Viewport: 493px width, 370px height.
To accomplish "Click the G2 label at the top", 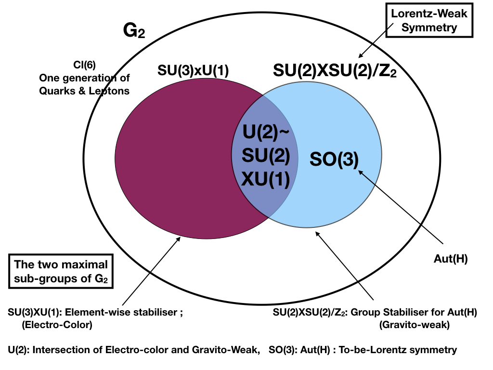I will tap(134, 31).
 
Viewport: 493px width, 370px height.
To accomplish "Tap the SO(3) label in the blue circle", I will tap(334, 159).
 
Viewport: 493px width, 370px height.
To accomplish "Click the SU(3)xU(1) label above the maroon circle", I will tap(193, 70).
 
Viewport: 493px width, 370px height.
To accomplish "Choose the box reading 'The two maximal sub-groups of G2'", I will tap(61, 271).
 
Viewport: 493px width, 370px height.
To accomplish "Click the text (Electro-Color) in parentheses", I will tap(57, 325).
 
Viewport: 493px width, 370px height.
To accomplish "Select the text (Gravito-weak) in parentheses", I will tap(415, 325).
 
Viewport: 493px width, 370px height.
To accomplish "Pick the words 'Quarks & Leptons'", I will tap(84, 90).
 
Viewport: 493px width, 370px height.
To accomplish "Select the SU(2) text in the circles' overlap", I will tap(266, 156).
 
